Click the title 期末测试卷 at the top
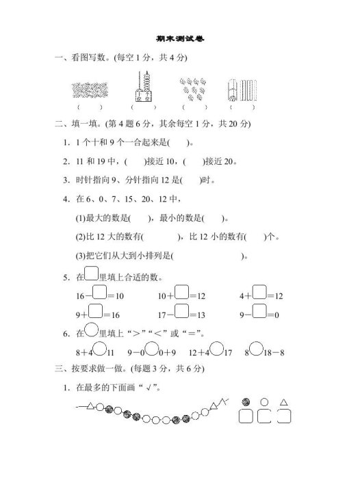(x=180, y=39)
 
